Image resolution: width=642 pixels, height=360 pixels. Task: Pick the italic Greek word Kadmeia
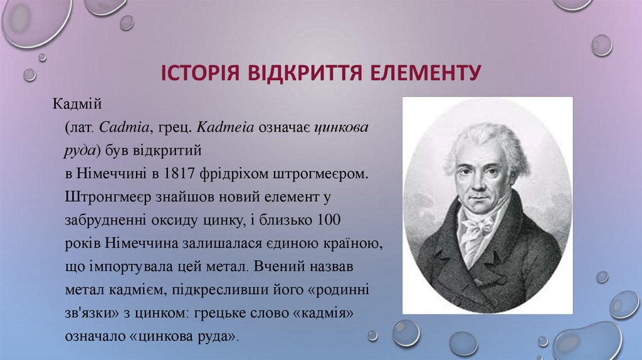pos(224,127)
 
